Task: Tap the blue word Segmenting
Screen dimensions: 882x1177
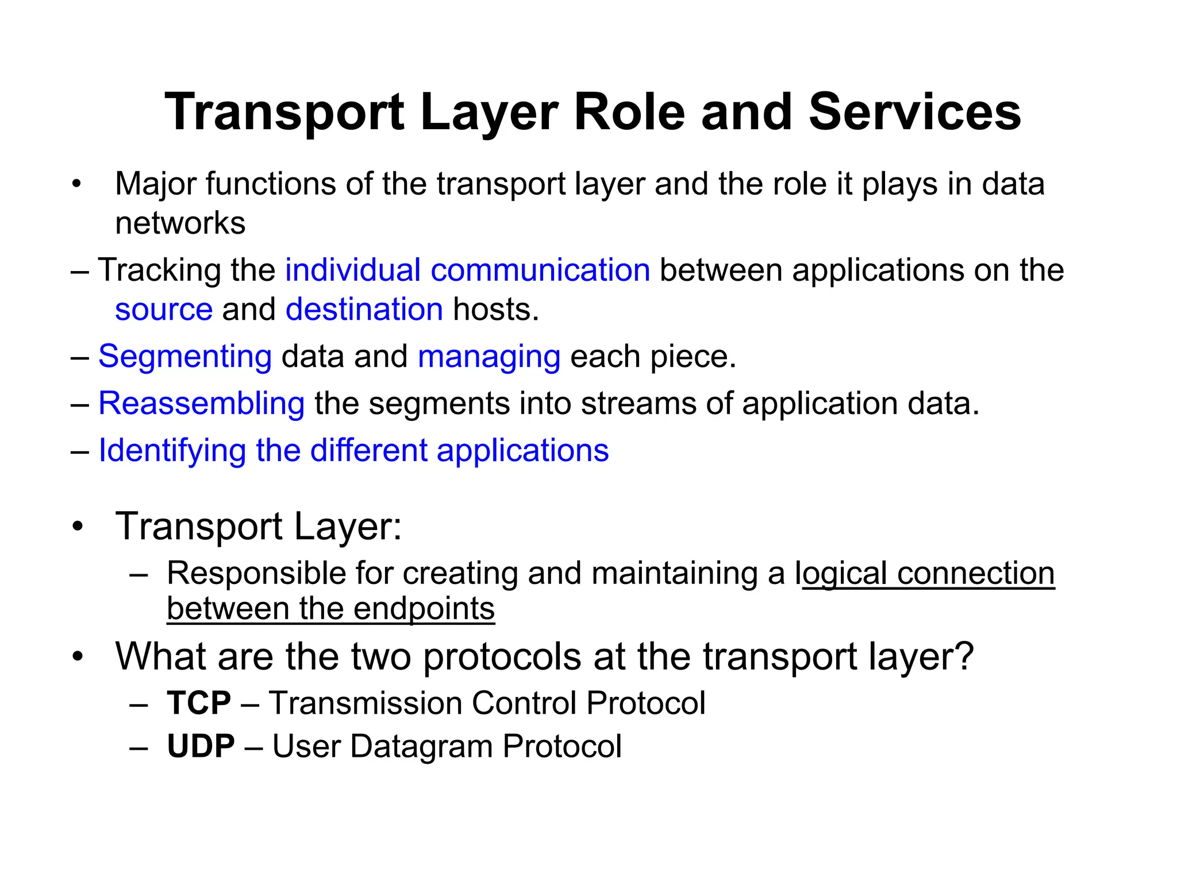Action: point(184,357)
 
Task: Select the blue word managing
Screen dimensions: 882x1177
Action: point(489,357)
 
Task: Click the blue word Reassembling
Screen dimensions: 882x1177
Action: point(201,404)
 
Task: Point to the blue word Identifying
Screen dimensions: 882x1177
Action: point(172,451)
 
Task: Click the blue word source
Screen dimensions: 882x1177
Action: point(164,310)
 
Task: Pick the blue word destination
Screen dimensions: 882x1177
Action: point(364,310)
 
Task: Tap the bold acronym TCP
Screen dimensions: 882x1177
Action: point(199,703)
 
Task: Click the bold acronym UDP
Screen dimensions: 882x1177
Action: point(201,746)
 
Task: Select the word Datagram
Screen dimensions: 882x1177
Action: point(422,746)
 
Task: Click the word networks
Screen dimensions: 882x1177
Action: point(180,223)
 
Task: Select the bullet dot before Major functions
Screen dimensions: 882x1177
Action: point(77,185)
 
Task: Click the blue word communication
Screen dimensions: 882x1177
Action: point(540,270)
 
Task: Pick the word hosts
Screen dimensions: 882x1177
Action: point(495,310)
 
